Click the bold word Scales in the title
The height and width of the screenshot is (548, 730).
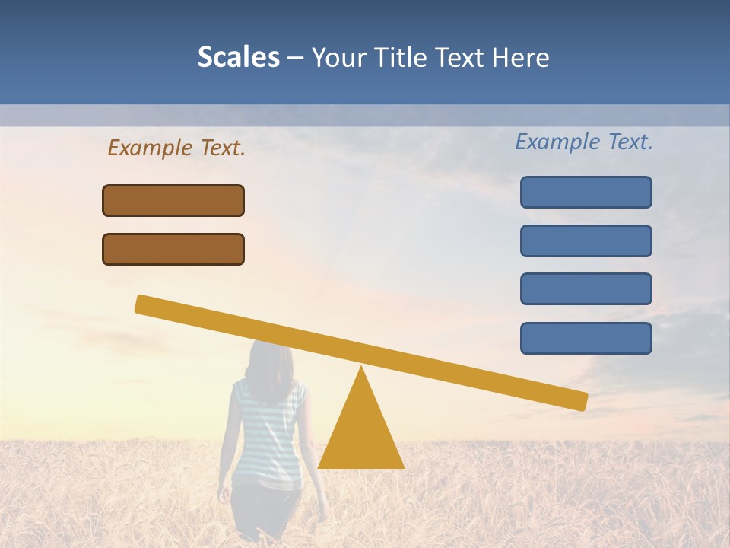pyautogui.click(x=238, y=58)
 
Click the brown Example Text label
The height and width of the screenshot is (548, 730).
pyautogui.click(x=176, y=148)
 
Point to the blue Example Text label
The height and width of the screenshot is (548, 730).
pyautogui.click(x=584, y=142)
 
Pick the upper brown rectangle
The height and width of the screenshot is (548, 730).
pyautogui.click(x=173, y=200)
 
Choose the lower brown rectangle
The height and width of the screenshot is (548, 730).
pyautogui.click(x=173, y=249)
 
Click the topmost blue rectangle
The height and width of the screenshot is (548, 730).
pyautogui.click(x=586, y=192)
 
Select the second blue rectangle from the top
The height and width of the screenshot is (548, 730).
pyautogui.click(x=586, y=241)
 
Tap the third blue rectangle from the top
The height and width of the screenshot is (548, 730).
pyautogui.click(x=586, y=289)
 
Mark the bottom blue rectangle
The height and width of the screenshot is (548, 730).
pyautogui.click(x=586, y=338)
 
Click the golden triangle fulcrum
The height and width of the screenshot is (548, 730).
pyautogui.click(x=361, y=434)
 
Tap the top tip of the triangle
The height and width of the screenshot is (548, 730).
pyautogui.click(x=361, y=369)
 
